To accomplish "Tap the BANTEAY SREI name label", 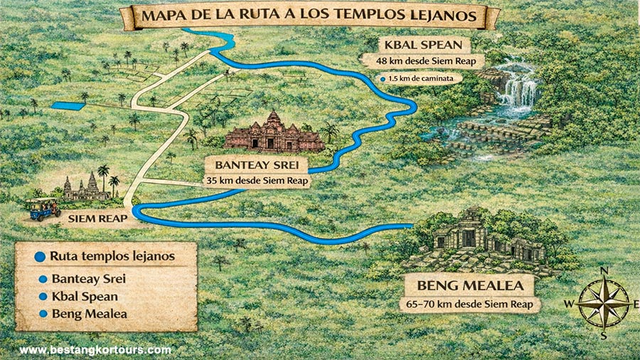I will pos(257,166).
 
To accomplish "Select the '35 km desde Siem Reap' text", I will pos(257,181).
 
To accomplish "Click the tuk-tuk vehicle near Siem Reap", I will pos(43,206).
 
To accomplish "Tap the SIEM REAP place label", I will pos(98,219).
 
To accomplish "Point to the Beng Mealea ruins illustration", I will pos(480,242).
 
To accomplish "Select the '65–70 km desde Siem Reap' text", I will pos(471,305).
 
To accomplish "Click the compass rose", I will pos(604,302).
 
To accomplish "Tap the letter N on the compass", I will pos(604,270).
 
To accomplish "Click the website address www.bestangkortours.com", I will pos(95,350).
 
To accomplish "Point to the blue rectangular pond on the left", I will pos(67,106).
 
